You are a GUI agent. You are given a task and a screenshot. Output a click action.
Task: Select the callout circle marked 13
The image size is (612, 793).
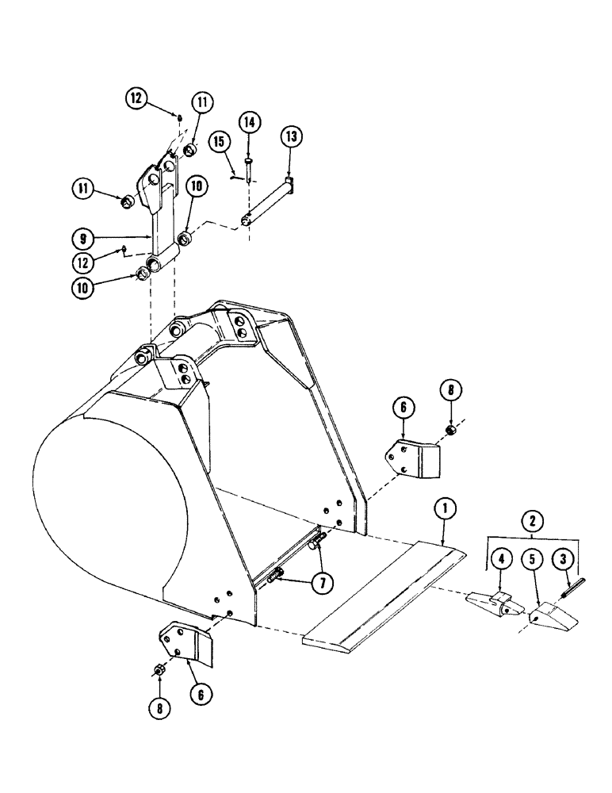coord(290,137)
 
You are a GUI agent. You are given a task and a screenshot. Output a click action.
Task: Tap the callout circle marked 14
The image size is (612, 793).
coord(249,122)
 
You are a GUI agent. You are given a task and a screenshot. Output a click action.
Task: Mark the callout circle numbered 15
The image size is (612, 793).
coord(220,140)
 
